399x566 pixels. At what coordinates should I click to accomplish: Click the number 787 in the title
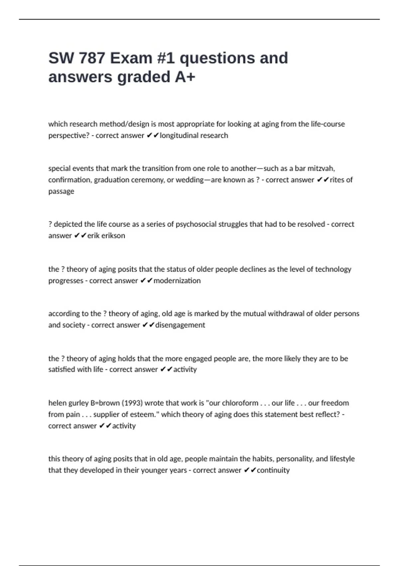92,58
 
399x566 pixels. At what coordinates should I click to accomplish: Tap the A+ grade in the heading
185,77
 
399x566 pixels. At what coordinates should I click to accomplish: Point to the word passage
61,191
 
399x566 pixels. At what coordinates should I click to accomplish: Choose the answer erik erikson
106,236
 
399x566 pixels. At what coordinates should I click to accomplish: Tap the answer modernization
177,281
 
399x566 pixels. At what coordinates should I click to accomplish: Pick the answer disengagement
180,325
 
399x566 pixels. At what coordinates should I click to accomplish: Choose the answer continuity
273,470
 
